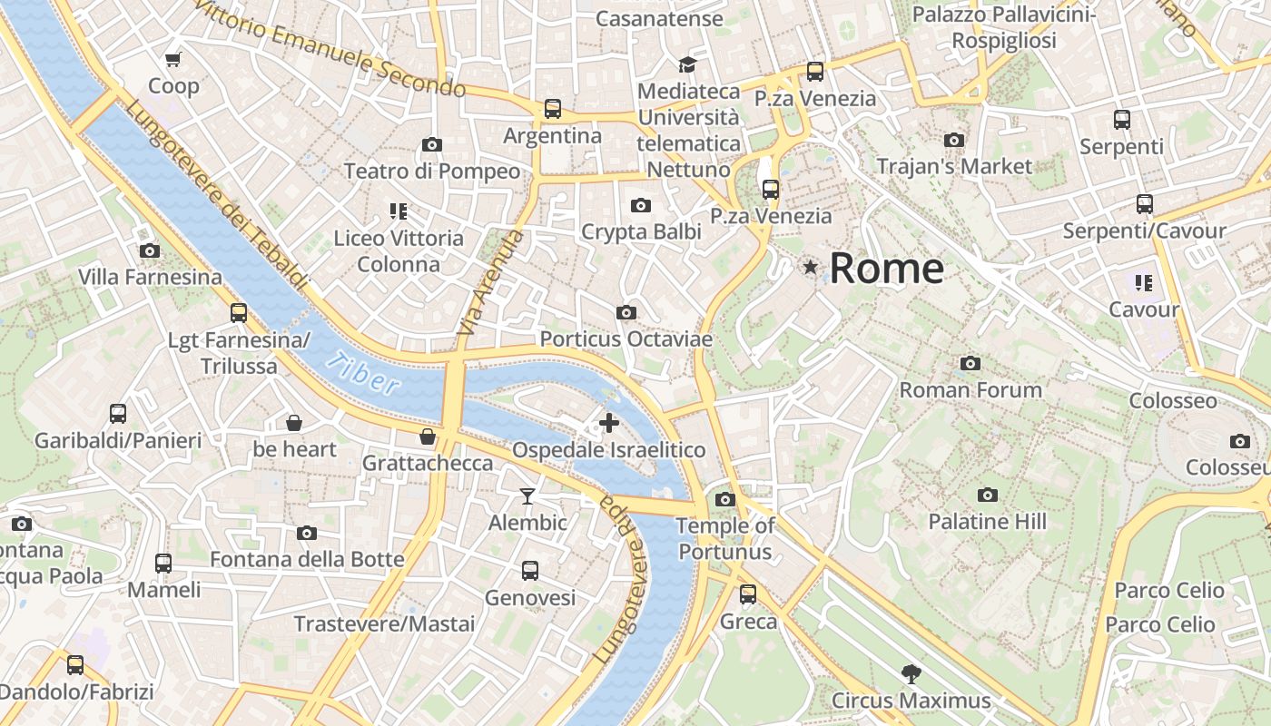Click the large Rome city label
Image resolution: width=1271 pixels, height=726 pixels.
[x=886, y=269]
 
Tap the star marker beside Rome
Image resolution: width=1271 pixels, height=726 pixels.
[x=810, y=268]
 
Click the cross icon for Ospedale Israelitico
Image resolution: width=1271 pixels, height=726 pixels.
[x=609, y=422]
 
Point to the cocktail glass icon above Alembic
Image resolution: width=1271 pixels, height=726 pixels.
[x=527, y=495]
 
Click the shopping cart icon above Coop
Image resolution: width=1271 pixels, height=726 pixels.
[x=173, y=60]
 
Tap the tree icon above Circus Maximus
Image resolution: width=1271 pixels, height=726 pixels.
[x=911, y=674]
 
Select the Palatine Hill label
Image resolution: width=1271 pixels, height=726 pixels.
[x=987, y=522]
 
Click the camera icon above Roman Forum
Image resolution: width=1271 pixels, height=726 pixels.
[x=970, y=363]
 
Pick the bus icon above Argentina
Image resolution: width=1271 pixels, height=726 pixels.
[x=553, y=109]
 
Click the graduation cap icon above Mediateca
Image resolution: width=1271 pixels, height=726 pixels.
[x=687, y=64]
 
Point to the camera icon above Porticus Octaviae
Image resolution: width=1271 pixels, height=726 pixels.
[x=626, y=312]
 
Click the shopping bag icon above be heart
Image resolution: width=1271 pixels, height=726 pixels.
[x=294, y=423]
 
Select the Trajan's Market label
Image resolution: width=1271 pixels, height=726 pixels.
[x=954, y=166]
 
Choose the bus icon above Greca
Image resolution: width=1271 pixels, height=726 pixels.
[x=748, y=594]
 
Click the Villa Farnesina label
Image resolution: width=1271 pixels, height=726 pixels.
[x=150, y=277]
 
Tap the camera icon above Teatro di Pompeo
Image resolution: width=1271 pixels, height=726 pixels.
[x=432, y=144]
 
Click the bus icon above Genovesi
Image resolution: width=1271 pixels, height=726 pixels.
[x=530, y=571]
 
